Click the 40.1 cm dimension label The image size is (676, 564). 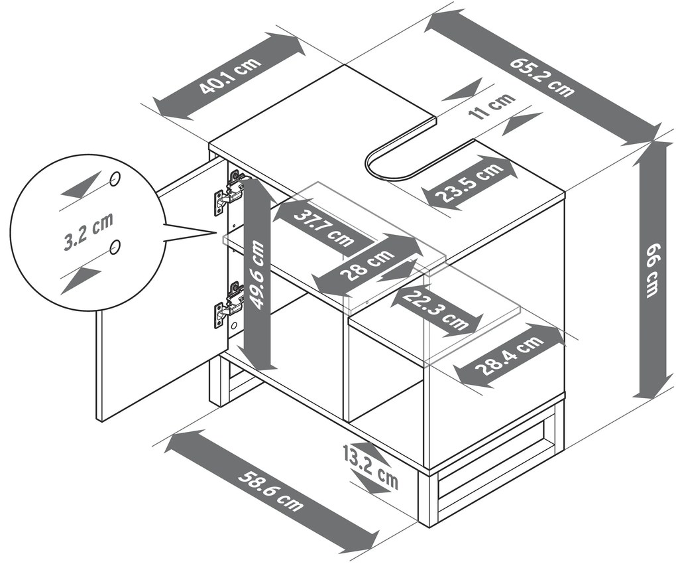coord(229,78)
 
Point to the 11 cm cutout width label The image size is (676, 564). coord(491,106)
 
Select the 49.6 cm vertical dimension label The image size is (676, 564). coord(258,275)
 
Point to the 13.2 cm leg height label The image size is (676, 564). coord(372,468)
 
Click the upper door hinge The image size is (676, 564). coord(229,193)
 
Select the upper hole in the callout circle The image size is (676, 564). coord(115,178)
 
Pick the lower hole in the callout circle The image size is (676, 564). coord(115,247)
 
